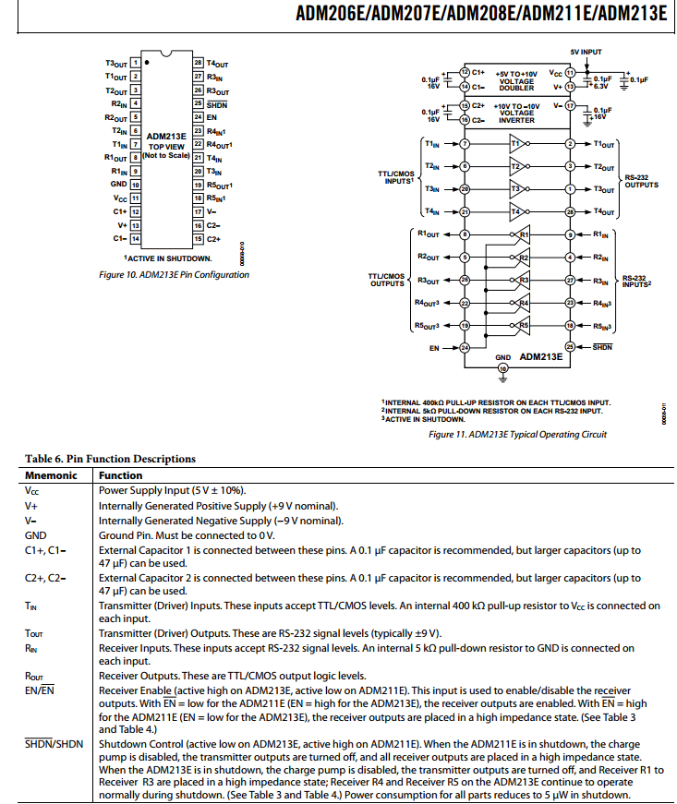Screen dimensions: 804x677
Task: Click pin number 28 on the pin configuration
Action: [197, 64]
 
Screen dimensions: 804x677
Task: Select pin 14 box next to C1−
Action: [135, 238]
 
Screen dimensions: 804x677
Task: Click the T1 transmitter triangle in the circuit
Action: [516, 144]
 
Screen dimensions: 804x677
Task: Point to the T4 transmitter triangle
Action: [516, 212]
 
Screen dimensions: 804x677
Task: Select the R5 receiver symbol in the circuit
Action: [522, 326]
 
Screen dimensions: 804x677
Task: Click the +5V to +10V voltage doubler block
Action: [516, 80]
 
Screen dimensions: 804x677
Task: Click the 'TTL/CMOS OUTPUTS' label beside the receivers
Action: [387, 279]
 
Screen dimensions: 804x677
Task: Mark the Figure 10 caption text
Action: [174, 274]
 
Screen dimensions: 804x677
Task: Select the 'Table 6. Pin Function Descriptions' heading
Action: [110, 459]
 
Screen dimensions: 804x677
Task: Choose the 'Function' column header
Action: [121, 475]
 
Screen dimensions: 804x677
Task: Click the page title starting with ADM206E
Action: [480, 14]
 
